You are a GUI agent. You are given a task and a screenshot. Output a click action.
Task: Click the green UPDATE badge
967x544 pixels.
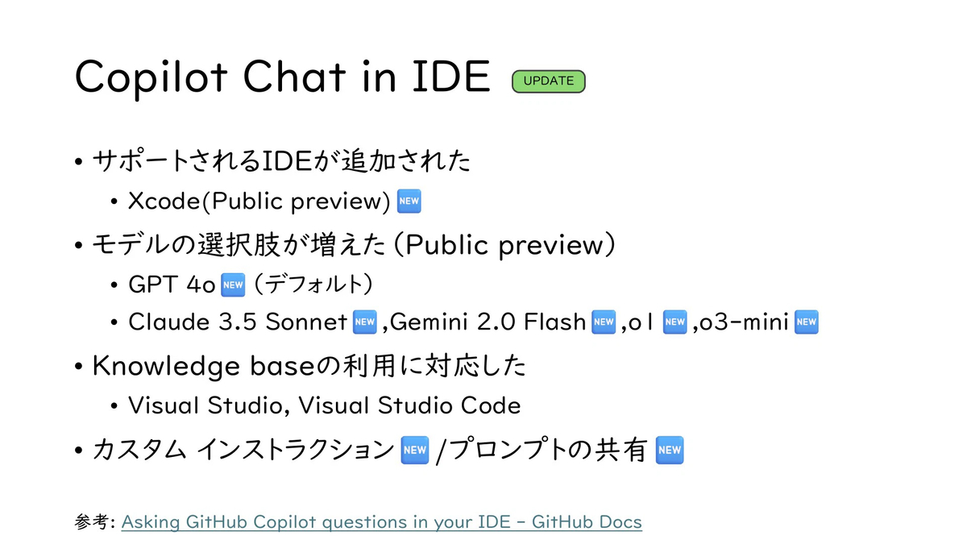tap(548, 81)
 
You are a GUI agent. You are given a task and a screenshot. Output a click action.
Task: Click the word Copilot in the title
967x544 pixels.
tap(151, 77)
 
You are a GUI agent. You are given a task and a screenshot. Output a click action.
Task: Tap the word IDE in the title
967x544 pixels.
tap(451, 77)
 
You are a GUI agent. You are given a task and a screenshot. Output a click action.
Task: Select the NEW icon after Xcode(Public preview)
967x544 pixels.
tap(409, 201)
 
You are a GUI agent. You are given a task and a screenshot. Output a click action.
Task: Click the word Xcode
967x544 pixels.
tap(164, 201)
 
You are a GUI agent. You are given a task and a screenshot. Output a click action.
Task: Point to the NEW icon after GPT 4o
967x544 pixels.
tap(233, 285)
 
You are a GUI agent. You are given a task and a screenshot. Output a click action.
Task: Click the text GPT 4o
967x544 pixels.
tap(172, 285)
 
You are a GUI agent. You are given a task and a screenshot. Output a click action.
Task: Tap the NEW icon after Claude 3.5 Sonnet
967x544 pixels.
tap(365, 322)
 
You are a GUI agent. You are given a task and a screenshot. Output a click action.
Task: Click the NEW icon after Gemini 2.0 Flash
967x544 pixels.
tap(604, 322)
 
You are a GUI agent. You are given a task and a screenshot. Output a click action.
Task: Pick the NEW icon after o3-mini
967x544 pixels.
tap(807, 322)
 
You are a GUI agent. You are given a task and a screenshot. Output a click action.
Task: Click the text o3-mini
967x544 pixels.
tap(744, 322)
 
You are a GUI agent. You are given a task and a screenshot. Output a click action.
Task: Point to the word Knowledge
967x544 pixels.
tap(166, 367)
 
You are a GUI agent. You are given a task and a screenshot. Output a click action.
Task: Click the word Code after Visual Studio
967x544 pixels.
tap(491, 406)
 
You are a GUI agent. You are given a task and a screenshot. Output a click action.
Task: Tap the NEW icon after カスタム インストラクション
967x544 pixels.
tap(415, 451)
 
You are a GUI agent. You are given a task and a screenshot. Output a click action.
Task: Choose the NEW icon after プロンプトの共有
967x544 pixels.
tap(670, 451)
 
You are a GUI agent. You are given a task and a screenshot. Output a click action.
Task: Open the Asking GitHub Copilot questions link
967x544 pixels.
tap(382, 522)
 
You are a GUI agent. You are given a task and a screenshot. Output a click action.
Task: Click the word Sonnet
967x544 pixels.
tap(306, 322)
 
